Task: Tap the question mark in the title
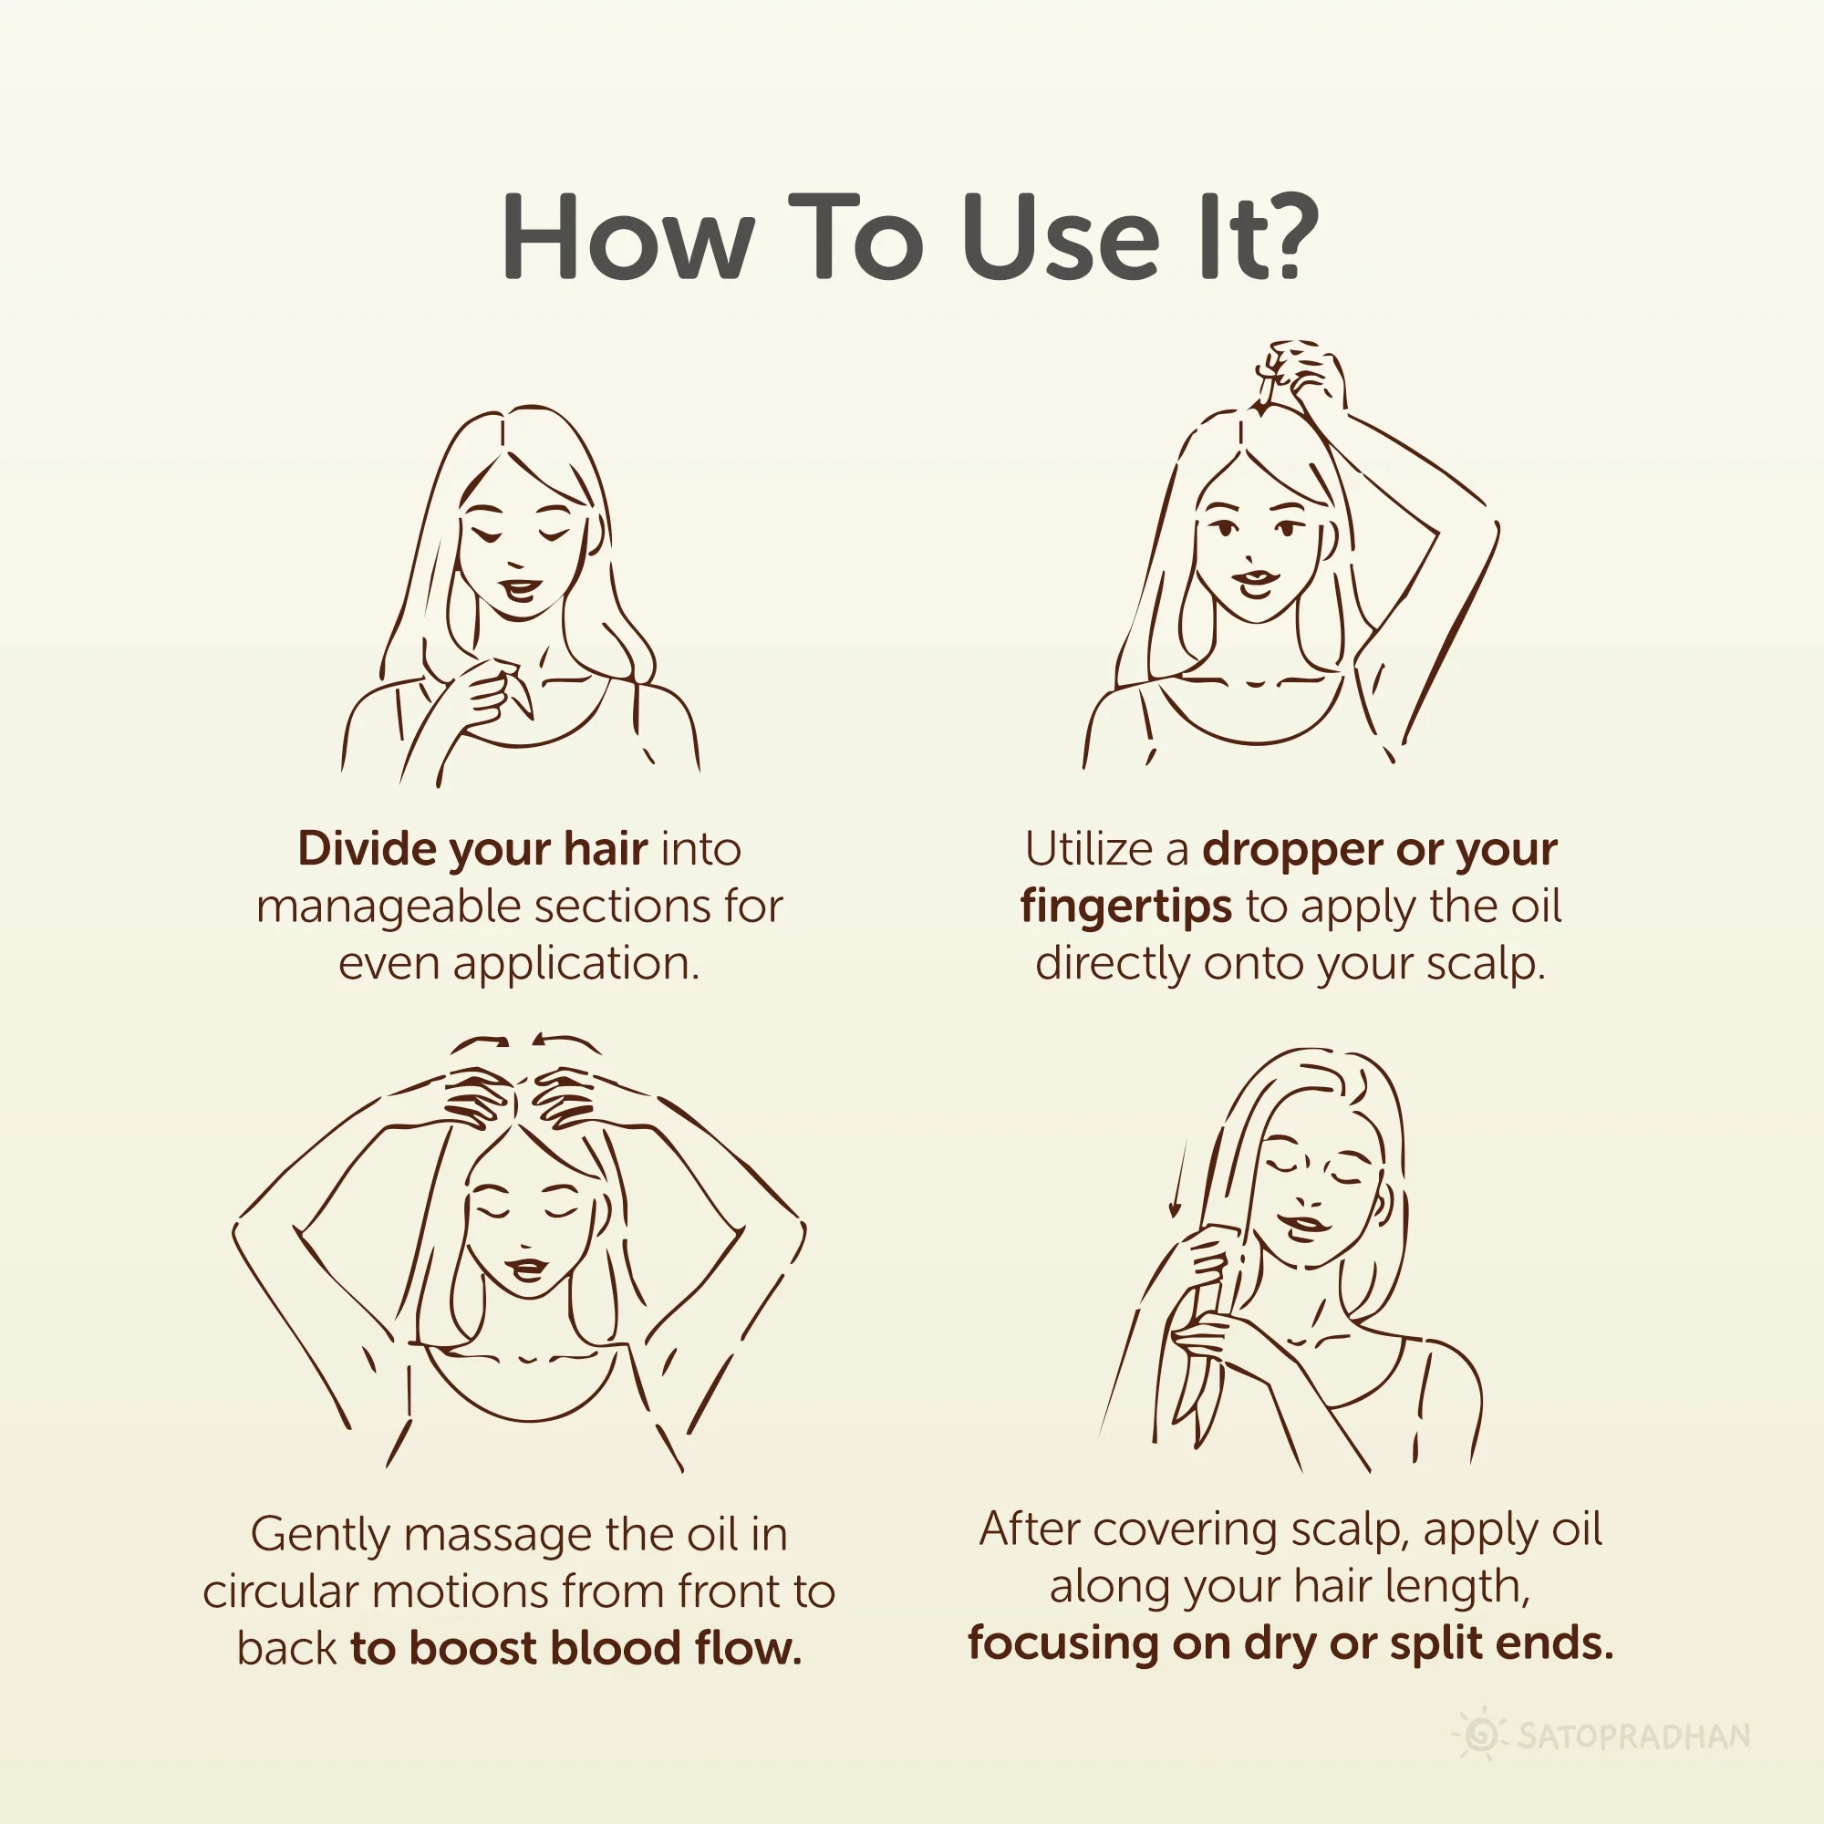pyautogui.click(x=1285, y=236)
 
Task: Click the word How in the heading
pyautogui.click(x=627, y=236)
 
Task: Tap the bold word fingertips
pyautogui.click(x=1126, y=907)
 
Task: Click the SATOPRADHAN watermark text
pyautogui.click(x=1634, y=1736)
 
